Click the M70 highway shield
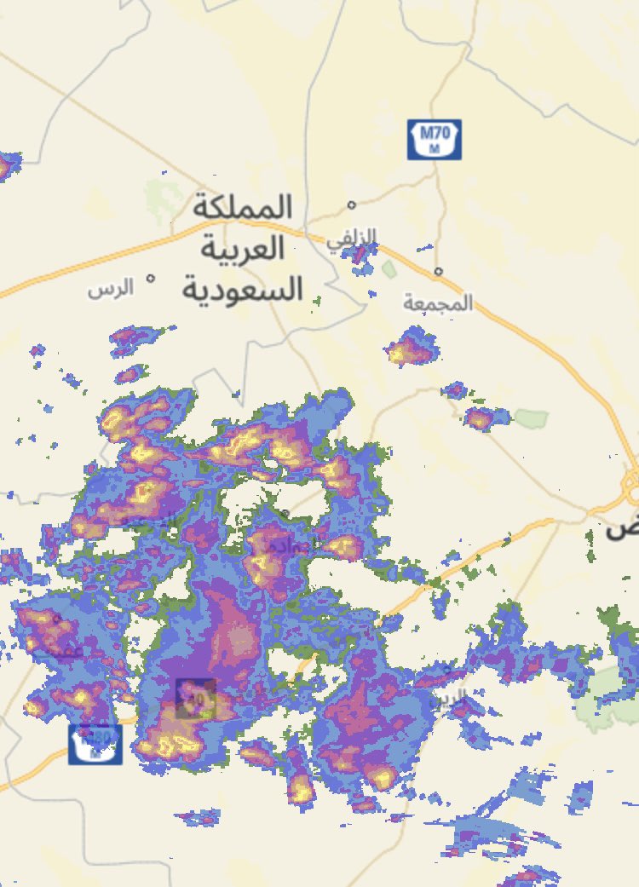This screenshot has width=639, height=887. (x=435, y=139)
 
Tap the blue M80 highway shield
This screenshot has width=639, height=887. (x=95, y=744)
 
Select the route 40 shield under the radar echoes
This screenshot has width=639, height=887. (x=196, y=699)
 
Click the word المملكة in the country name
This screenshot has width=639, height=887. (x=242, y=207)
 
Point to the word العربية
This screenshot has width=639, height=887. (x=242, y=249)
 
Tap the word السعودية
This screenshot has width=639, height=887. (x=242, y=289)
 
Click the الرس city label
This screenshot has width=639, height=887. (x=111, y=288)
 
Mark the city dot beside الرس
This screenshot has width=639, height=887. (x=151, y=278)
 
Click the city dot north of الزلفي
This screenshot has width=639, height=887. (x=351, y=204)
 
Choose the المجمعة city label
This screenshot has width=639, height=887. (x=438, y=302)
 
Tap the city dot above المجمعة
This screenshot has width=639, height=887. (x=438, y=272)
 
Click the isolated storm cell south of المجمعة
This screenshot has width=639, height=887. (x=410, y=350)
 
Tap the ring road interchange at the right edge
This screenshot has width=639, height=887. (x=632, y=487)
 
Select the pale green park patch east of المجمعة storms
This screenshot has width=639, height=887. (x=531, y=418)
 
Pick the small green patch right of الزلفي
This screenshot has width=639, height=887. (x=389, y=270)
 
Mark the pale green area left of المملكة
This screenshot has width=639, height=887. (x=159, y=199)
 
